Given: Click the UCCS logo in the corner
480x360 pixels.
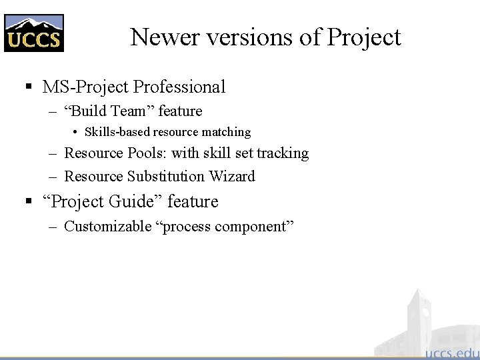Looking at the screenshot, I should (34, 33).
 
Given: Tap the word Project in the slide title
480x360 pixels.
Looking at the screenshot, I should (363, 37).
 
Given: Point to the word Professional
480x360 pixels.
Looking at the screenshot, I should (179, 87).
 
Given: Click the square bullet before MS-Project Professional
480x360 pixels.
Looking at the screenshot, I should (29, 87).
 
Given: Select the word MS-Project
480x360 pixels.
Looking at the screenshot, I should (86, 87).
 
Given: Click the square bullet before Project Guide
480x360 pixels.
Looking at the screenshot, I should (29, 201).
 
